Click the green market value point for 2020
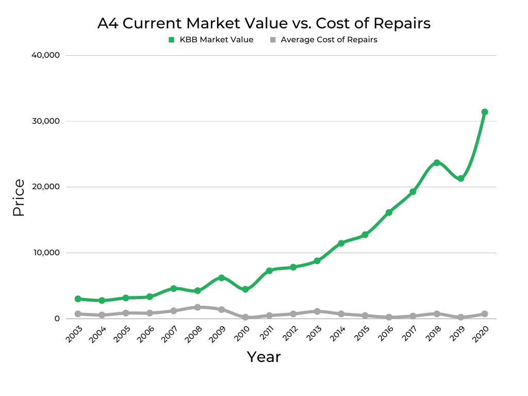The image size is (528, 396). click(x=484, y=112)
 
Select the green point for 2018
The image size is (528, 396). click(x=437, y=163)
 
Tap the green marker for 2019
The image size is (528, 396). click(x=460, y=178)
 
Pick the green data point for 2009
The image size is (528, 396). click(x=221, y=278)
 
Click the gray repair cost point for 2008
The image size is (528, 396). click(x=197, y=307)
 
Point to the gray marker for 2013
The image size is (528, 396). click(x=317, y=311)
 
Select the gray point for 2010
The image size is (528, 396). click(x=245, y=317)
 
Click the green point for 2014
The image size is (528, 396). click(x=341, y=243)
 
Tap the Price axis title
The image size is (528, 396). click(x=19, y=197)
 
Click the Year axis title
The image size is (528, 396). click(x=263, y=357)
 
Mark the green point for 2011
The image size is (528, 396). click(x=269, y=271)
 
